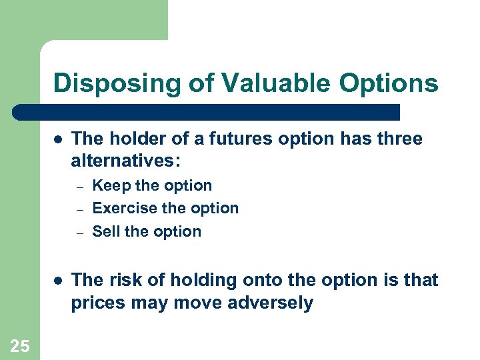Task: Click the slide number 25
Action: (x=19, y=345)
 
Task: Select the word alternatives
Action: (x=125, y=162)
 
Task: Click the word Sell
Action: (x=106, y=232)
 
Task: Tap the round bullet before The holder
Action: (x=59, y=140)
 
